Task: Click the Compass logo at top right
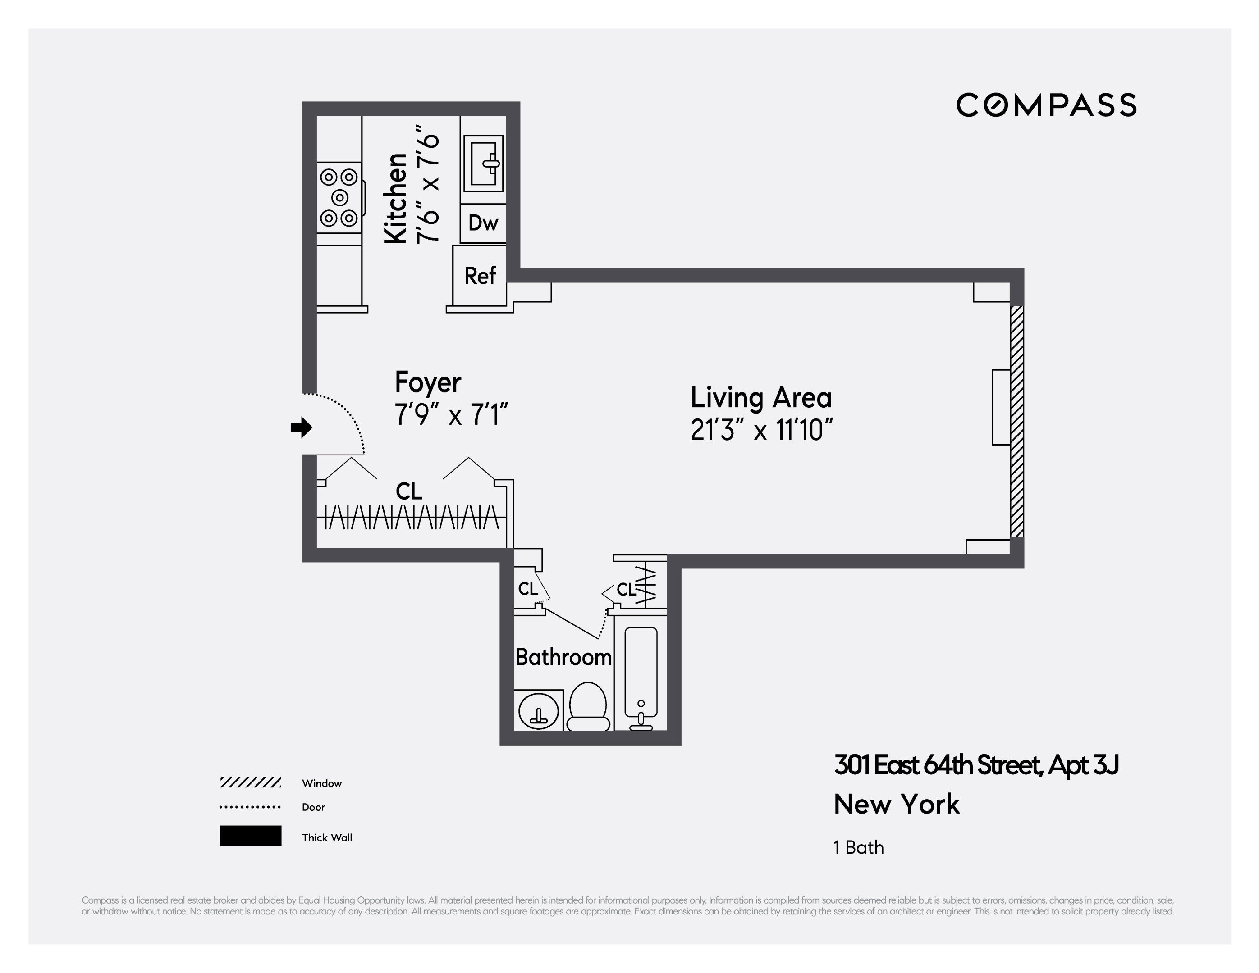coord(1046,105)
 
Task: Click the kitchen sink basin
coord(483,163)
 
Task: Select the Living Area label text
coord(760,397)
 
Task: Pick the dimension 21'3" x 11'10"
coord(761,430)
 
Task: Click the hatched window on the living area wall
coord(1016,421)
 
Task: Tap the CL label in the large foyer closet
coord(409,491)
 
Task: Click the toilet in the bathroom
coord(588,707)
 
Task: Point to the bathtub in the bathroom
coord(641,674)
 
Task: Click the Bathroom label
coord(563,657)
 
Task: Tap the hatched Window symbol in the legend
coord(250,782)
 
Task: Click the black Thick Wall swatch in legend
coord(250,835)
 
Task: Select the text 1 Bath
coord(858,847)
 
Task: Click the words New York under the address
coord(897,804)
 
